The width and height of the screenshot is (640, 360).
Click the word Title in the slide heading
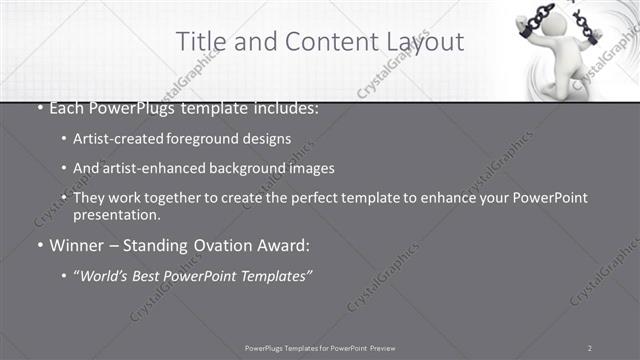(200, 41)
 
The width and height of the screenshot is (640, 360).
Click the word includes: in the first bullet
(291, 104)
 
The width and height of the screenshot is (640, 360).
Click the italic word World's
(107, 275)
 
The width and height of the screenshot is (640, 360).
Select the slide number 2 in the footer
(590, 347)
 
